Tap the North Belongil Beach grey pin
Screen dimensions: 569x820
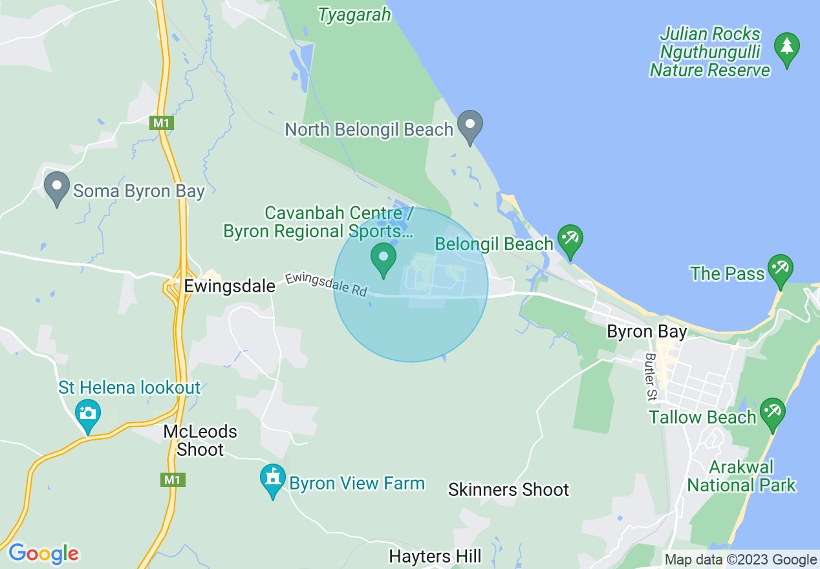pyautogui.click(x=470, y=126)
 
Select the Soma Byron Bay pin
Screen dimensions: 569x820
pyautogui.click(x=57, y=188)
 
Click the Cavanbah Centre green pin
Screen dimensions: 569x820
pyautogui.click(x=383, y=259)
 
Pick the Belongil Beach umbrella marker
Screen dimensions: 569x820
pyautogui.click(x=570, y=241)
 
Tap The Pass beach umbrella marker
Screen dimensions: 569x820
pyautogui.click(x=780, y=270)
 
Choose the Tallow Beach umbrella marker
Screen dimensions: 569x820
pyautogui.click(x=771, y=414)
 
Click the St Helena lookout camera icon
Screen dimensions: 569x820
pyautogui.click(x=87, y=414)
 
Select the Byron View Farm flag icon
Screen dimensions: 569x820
pyautogui.click(x=273, y=480)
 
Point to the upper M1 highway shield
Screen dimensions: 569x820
pyautogui.click(x=161, y=123)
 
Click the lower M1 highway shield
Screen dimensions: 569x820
pyautogui.click(x=171, y=480)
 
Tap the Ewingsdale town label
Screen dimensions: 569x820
pyautogui.click(x=230, y=286)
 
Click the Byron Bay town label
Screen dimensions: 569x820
pyautogui.click(x=647, y=332)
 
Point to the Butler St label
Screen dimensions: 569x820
pyautogui.click(x=651, y=377)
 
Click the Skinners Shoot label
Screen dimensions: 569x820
pyautogui.click(x=508, y=489)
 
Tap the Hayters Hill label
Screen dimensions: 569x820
pyautogui.click(x=435, y=556)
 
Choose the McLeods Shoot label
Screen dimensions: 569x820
pyautogui.click(x=200, y=440)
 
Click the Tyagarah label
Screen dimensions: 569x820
pyautogui.click(x=354, y=15)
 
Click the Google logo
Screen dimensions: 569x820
pyautogui.click(x=43, y=553)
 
